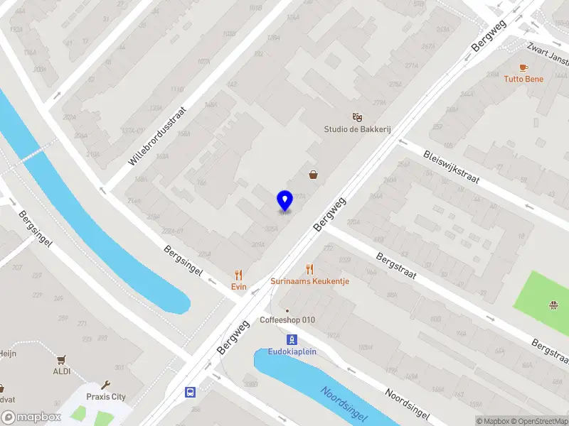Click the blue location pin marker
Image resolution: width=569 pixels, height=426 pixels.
click(284, 200)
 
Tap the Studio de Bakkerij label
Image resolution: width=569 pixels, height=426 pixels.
click(358, 129)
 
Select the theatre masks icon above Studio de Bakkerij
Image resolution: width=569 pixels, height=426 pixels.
click(357, 117)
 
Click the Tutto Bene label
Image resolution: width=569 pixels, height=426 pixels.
click(523, 79)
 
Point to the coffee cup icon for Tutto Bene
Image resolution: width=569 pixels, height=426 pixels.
click(524, 67)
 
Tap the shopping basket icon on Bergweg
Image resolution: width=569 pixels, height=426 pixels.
click(313, 174)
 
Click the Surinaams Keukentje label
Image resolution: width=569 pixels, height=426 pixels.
click(309, 281)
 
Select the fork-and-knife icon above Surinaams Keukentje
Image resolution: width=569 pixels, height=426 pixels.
click(309, 269)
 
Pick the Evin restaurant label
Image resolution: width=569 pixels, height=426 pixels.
click(238, 286)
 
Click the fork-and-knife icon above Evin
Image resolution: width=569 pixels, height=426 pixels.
click(238, 274)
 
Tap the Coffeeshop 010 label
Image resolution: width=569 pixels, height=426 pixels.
click(287, 320)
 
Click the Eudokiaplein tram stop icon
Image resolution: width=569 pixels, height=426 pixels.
click(292, 339)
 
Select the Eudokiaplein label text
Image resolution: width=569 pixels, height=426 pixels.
click(292, 351)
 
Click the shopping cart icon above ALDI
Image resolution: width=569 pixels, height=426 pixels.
click(62, 360)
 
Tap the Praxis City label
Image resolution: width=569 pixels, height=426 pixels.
click(106, 397)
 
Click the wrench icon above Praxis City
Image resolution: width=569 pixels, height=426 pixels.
click(106, 385)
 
